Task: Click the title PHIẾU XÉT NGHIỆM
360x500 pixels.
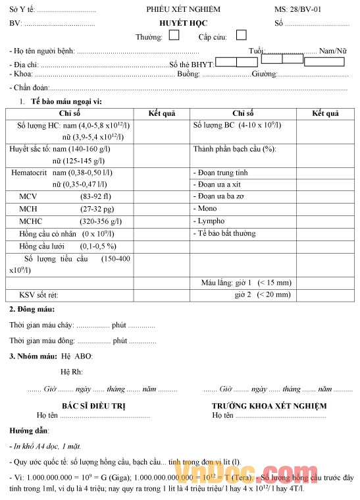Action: (183, 9)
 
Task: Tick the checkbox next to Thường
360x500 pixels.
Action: (174, 36)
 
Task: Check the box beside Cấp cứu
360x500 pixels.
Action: (242, 35)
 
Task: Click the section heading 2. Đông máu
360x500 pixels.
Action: (32, 309)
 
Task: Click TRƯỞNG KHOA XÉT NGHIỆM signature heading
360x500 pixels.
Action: (269, 406)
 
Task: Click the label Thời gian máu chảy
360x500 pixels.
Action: (41, 325)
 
